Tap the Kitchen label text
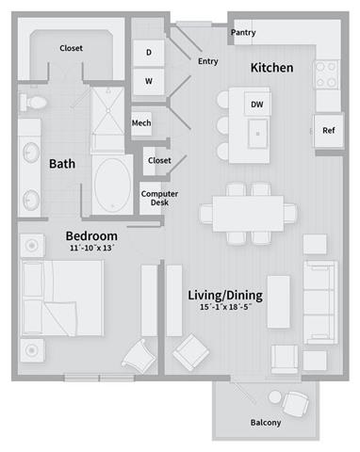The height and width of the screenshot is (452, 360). point(271,68)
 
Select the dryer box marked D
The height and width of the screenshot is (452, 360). point(148,54)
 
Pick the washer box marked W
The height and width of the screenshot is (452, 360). point(148,81)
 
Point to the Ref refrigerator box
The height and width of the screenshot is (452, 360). point(328,131)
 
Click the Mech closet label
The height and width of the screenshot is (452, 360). point(141,122)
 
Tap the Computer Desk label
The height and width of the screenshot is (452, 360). point(154,199)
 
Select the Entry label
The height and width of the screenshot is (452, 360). point(208,62)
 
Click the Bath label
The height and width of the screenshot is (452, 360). point(62,165)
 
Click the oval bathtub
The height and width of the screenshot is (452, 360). point(115,181)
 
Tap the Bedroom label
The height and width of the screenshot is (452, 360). point(90,235)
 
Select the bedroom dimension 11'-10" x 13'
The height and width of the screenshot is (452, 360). point(90,249)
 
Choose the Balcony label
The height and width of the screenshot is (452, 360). point(266,423)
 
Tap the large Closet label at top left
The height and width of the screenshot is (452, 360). point(72,47)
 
